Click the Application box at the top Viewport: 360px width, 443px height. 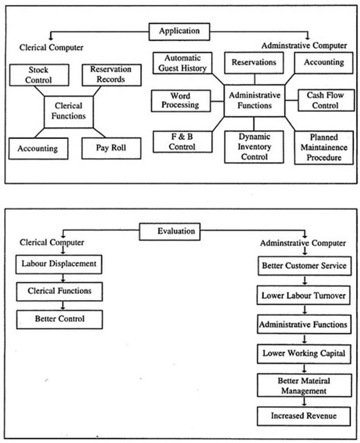(x=179, y=32)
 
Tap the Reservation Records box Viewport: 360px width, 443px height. (x=111, y=75)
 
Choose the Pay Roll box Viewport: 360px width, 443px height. (x=111, y=148)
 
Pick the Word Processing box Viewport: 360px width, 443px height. (x=180, y=100)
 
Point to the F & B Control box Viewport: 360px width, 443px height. (x=182, y=142)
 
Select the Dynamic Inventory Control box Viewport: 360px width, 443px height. (x=255, y=147)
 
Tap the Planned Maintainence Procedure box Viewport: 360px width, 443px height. (x=324, y=148)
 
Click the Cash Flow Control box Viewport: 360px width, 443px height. (x=325, y=100)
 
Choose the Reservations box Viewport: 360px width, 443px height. (x=254, y=63)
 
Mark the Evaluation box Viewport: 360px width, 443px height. (x=170, y=232)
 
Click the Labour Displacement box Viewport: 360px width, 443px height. (x=59, y=264)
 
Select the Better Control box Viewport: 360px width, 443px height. (x=60, y=319)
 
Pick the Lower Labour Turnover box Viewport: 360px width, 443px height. (x=304, y=296)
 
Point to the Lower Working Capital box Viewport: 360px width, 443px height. (x=304, y=353)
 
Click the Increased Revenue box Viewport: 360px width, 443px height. (x=304, y=416)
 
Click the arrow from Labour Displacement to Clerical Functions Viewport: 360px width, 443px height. (x=64, y=278)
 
